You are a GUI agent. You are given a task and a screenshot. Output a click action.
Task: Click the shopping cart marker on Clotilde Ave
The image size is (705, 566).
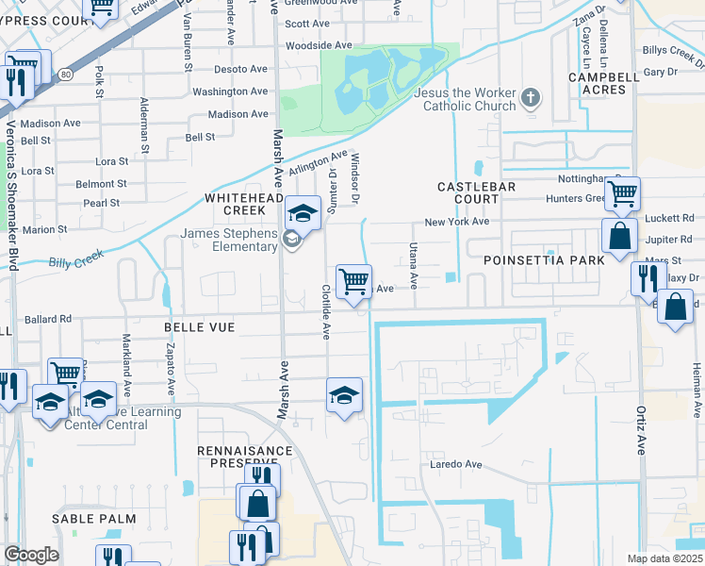click(353, 282)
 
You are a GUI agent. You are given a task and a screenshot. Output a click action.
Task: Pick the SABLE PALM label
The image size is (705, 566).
click(94, 519)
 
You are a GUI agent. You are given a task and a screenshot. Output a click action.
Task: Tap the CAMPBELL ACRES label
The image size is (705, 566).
click(597, 83)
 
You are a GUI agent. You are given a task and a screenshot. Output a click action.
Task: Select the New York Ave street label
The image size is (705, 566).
click(456, 222)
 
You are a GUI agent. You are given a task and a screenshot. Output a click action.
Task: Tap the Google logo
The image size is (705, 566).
click(31, 555)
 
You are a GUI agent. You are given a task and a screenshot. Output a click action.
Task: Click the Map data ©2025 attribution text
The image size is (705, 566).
click(664, 558)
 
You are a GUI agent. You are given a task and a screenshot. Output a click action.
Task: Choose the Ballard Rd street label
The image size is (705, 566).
click(48, 319)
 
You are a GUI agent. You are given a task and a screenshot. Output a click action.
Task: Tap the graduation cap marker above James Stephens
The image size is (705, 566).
click(303, 212)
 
